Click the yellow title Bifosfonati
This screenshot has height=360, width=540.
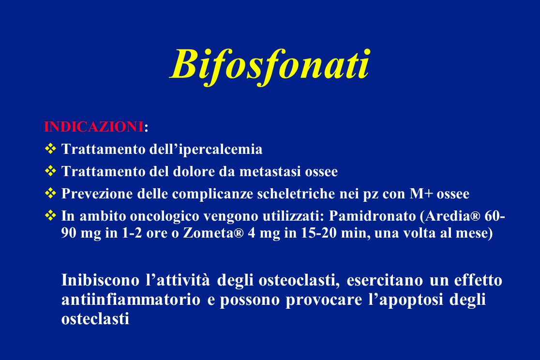pos(270,65)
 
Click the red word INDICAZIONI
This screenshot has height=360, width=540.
pos(94,127)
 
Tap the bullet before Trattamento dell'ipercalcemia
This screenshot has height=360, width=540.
pos(50,149)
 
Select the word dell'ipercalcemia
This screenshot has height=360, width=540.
pos(206,150)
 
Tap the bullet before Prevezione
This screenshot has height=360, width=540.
pos(50,193)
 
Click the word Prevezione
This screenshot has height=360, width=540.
pos(97,194)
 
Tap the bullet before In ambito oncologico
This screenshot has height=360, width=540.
pos(50,216)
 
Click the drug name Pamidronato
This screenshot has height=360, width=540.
pos(372,216)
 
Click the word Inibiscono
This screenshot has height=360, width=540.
pos(100,280)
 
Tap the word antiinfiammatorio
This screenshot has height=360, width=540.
pos(131,299)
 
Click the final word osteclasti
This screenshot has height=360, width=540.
pos(95,319)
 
